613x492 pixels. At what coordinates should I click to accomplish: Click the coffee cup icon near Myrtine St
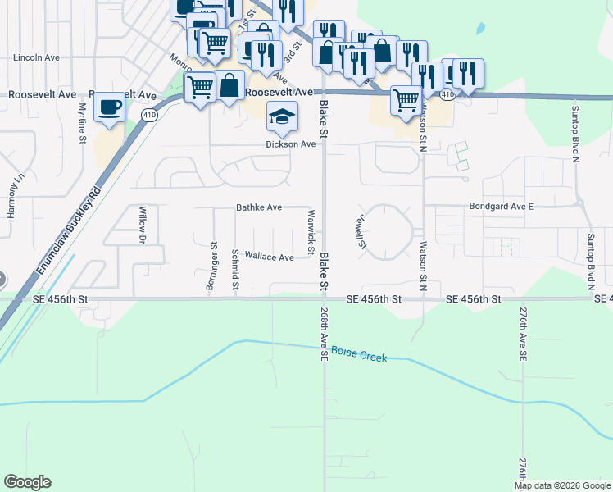pos(110,107)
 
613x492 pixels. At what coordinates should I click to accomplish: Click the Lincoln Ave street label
pos(37,58)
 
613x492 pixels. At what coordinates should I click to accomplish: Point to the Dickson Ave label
pos(290,144)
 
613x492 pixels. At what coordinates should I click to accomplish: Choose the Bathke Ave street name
pos(259,207)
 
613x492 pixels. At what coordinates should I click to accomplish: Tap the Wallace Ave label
pos(269,257)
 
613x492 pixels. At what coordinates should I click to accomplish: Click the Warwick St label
pos(311,231)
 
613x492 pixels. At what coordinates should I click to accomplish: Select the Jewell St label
pos(359,232)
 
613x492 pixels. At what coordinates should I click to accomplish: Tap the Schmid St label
pos(235,270)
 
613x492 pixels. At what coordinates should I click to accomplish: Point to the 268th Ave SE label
pos(325,335)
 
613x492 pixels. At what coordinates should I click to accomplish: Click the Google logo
pos(28,482)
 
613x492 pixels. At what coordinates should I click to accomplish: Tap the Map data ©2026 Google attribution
pos(561,485)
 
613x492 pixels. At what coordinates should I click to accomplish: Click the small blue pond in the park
pos(479,30)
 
